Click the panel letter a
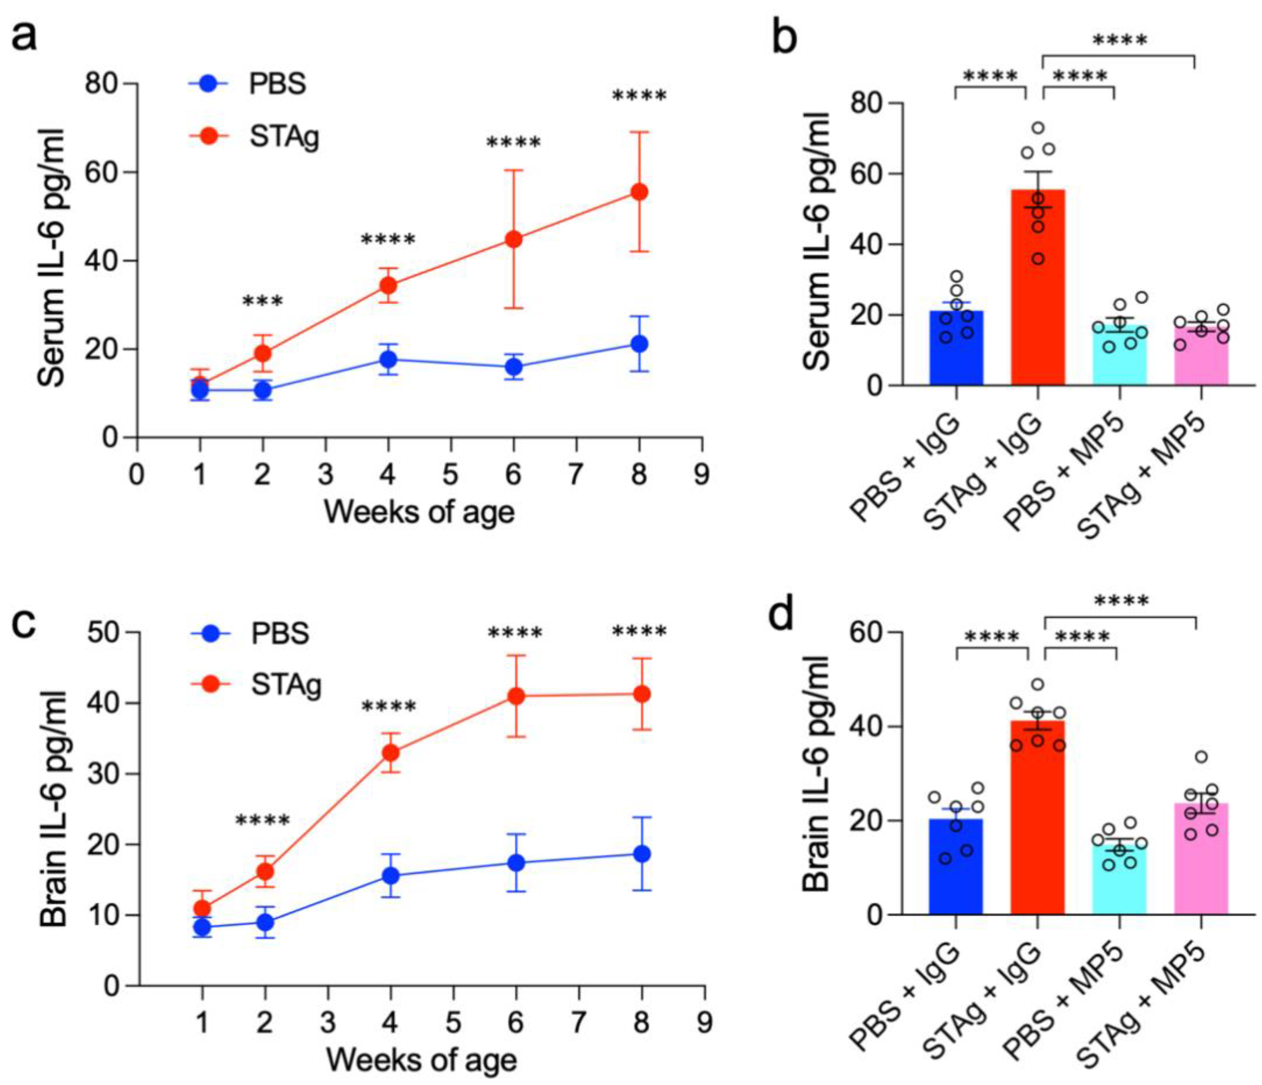coord(25,35)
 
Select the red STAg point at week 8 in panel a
coord(639,192)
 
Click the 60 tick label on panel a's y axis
coord(102,172)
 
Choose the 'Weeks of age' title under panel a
coord(419,512)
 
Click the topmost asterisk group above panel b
coord(1119,41)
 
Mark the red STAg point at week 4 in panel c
coord(390,753)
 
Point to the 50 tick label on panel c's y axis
coord(105,632)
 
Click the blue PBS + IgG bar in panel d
coord(956,866)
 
